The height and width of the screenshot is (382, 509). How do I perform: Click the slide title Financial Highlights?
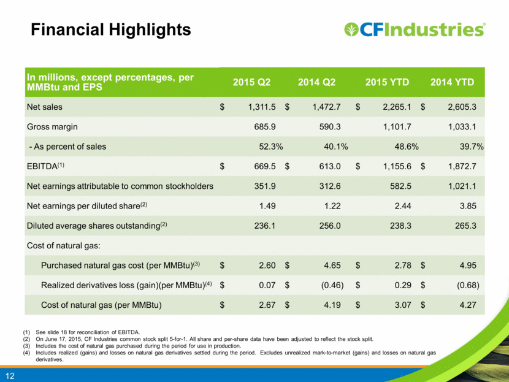(111, 30)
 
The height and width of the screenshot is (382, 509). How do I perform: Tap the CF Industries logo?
(415, 29)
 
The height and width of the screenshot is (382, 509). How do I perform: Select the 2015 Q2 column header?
(251, 82)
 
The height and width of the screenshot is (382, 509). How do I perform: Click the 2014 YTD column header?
(452, 82)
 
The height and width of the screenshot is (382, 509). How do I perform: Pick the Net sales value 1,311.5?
(262, 107)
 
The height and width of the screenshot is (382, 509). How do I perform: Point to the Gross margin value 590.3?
(330, 126)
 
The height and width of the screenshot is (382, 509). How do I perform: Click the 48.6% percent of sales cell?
(407, 147)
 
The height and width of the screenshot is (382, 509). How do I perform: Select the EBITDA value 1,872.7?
(462, 167)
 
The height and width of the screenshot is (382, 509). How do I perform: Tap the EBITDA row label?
(45, 166)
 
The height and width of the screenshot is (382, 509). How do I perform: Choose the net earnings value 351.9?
(265, 186)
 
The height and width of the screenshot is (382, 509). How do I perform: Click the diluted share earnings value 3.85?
(468, 206)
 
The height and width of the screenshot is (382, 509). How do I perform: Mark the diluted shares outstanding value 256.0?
(330, 226)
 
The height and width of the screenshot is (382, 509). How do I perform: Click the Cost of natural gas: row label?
(64, 246)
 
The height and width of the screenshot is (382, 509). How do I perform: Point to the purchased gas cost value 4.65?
(332, 265)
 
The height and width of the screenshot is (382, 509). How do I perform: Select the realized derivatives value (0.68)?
(468, 285)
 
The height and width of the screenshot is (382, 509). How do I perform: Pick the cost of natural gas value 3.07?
(403, 305)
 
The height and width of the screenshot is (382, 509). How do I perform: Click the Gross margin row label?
(52, 127)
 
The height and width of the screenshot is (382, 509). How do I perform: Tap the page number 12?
(10, 376)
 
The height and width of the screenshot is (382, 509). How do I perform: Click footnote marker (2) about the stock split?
(26, 339)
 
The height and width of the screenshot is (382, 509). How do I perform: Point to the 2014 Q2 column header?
(316, 82)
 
